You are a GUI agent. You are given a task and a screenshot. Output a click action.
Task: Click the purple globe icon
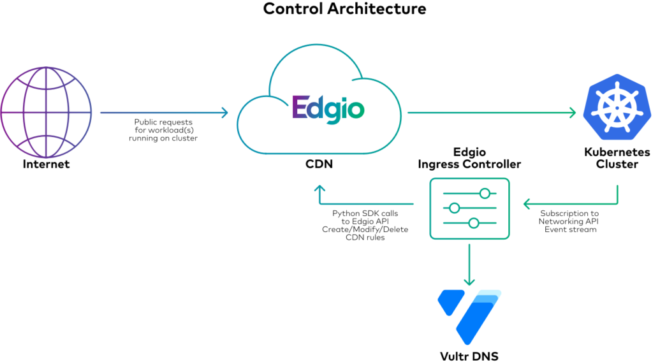click(x=46, y=113)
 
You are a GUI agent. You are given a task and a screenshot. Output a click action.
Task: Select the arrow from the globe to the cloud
click(x=163, y=113)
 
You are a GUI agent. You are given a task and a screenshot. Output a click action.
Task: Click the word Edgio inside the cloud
click(x=328, y=108)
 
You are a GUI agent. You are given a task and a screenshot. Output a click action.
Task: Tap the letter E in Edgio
click(x=300, y=108)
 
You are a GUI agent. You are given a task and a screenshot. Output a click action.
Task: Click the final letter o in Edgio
click(x=356, y=110)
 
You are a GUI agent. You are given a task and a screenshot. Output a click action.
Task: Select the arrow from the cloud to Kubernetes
click(x=491, y=113)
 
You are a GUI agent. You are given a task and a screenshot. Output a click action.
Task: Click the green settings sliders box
click(x=469, y=208)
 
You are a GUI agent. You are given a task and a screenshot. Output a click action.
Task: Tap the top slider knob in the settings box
click(x=485, y=193)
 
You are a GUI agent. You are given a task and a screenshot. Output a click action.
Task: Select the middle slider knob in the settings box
click(x=455, y=208)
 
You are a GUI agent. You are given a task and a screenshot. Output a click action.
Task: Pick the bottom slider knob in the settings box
click(x=473, y=222)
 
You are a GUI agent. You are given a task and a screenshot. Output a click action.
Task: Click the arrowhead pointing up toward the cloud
click(x=319, y=189)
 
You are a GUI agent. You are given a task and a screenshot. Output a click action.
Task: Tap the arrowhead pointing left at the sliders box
click(x=527, y=204)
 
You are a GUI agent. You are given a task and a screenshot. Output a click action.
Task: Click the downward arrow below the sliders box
click(x=469, y=264)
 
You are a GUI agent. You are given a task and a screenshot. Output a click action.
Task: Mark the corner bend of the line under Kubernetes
click(x=617, y=204)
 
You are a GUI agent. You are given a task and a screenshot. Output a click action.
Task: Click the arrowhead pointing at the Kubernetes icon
click(x=573, y=113)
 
